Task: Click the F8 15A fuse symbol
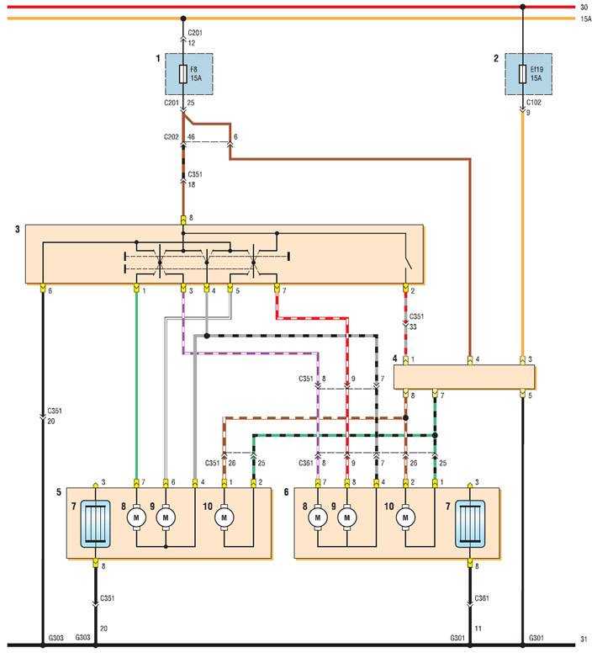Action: tap(183, 74)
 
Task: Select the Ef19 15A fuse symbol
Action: tap(522, 74)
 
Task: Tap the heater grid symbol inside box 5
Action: tap(95, 523)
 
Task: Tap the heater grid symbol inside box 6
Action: tap(470, 523)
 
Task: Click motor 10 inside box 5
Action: tap(225, 518)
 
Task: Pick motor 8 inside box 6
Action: tap(318, 518)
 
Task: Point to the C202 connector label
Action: tap(171, 136)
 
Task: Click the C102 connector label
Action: tap(534, 103)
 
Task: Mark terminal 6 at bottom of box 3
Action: tap(42, 288)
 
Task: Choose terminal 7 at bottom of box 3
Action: tap(277, 288)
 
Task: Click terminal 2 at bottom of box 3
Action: tap(405, 288)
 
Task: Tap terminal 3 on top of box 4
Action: tap(522, 361)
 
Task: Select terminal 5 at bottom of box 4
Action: tap(522, 393)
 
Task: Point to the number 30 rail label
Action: tap(584, 7)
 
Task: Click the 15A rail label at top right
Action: tap(586, 19)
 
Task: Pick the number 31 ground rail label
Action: tap(584, 639)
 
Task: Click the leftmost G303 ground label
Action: tap(55, 638)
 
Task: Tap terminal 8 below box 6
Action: tap(470, 564)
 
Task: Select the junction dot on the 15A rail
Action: tap(183, 19)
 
